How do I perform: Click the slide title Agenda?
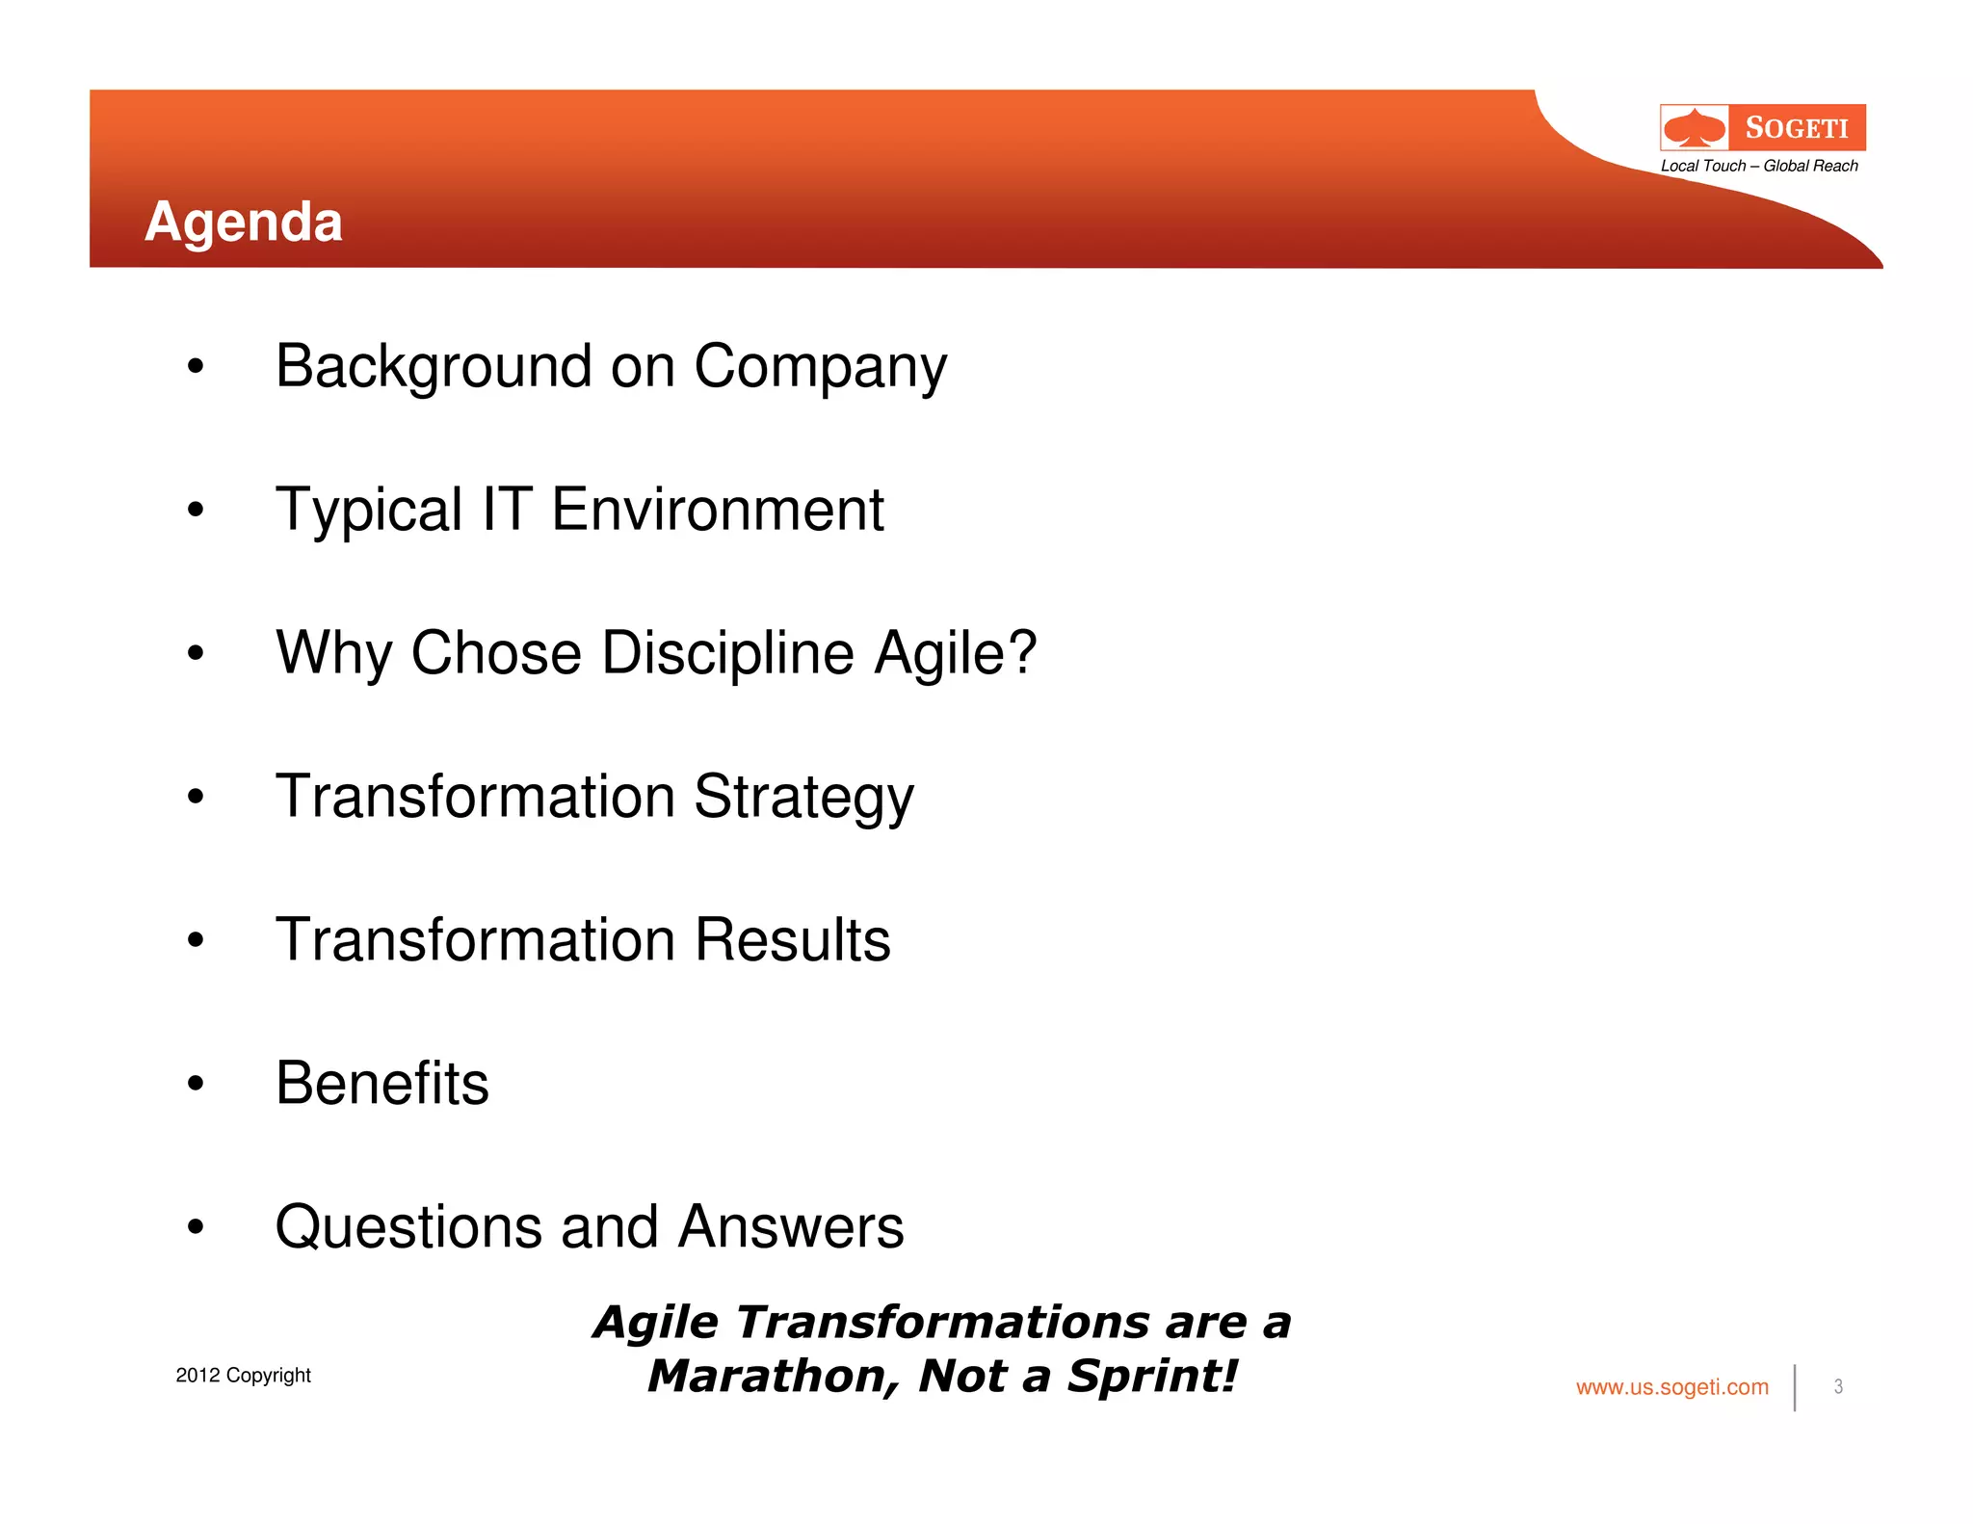(243, 222)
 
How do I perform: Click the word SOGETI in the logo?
(1797, 128)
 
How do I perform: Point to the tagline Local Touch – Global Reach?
(1759, 166)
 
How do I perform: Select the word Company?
(820, 368)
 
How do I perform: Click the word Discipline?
(728, 653)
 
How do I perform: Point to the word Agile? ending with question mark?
(955, 653)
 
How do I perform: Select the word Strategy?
(803, 798)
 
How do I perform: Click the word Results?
(792, 940)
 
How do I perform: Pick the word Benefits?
(381, 1083)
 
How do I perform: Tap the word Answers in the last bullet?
(790, 1226)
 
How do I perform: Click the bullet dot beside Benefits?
(196, 1084)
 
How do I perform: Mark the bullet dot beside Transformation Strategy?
(196, 797)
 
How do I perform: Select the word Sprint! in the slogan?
(1152, 1376)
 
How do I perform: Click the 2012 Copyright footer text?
(243, 1375)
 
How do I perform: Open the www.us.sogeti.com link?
(1671, 1387)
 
